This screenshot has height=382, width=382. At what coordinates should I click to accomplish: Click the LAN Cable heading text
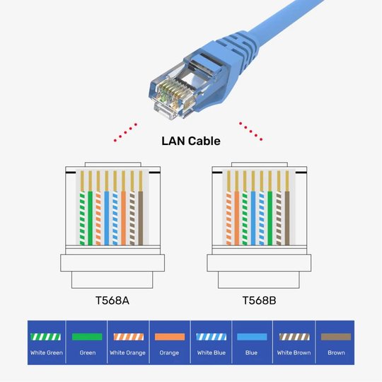click(190, 141)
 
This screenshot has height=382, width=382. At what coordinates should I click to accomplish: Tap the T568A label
click(112, 301)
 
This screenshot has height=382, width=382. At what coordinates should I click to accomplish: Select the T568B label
click(259, 301)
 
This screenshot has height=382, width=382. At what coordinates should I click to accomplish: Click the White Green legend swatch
click(46, 337)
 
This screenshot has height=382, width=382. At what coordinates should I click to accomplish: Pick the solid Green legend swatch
click(87, 337)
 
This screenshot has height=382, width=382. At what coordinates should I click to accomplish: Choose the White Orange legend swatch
click(129, 337)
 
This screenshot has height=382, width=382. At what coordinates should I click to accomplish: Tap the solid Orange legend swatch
click(170, 337)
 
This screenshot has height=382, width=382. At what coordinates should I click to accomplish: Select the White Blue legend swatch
click(211, 337)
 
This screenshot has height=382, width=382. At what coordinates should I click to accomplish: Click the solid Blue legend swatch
click(253, 337)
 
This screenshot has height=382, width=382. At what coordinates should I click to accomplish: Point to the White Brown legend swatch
click(294, 337)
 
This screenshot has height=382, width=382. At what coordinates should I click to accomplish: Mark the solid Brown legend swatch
click(335, 337)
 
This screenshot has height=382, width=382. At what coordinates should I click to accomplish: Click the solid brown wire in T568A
click(141, 218)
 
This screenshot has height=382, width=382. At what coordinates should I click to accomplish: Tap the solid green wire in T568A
click(91, 218)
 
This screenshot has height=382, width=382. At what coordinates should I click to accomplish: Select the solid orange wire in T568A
click(124, 218)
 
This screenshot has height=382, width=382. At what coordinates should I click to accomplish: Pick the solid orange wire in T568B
click(237, 218)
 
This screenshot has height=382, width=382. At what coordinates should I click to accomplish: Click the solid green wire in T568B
click(270, 218)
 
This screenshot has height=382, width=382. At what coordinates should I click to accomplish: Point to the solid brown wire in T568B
click(287, 218)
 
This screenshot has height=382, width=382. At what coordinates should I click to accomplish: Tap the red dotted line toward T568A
click(127, 131)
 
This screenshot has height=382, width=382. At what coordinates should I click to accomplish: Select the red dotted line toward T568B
click(251, 131)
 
